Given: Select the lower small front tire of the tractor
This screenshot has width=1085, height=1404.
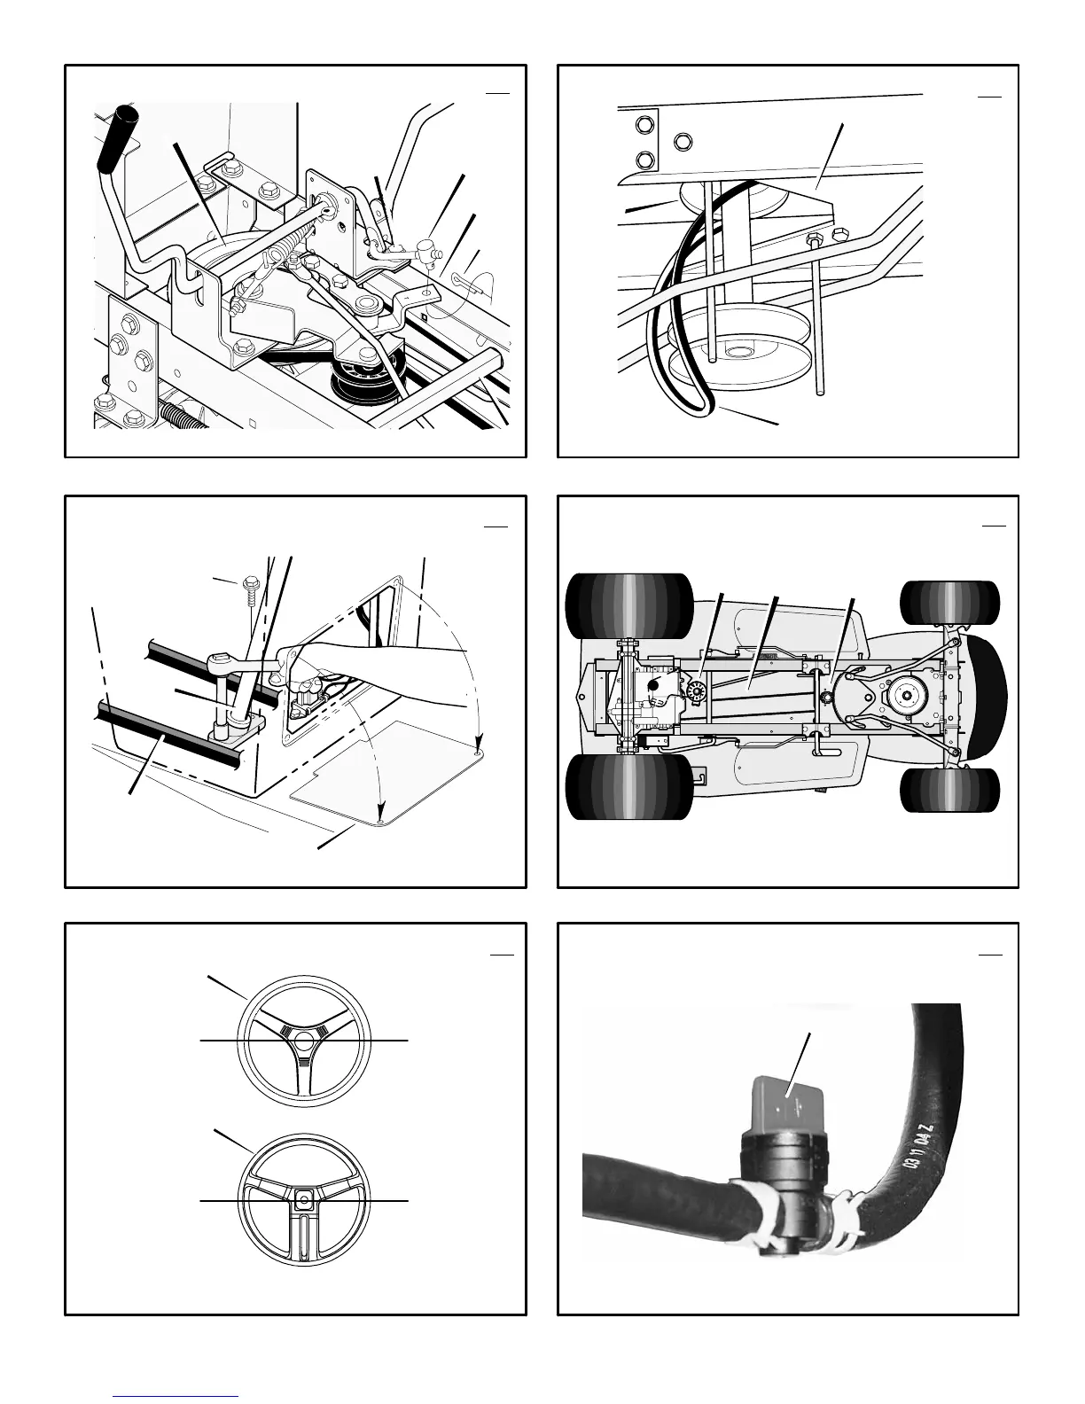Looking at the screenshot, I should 949,789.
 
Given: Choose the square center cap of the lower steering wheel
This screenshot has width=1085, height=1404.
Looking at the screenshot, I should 304,1200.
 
